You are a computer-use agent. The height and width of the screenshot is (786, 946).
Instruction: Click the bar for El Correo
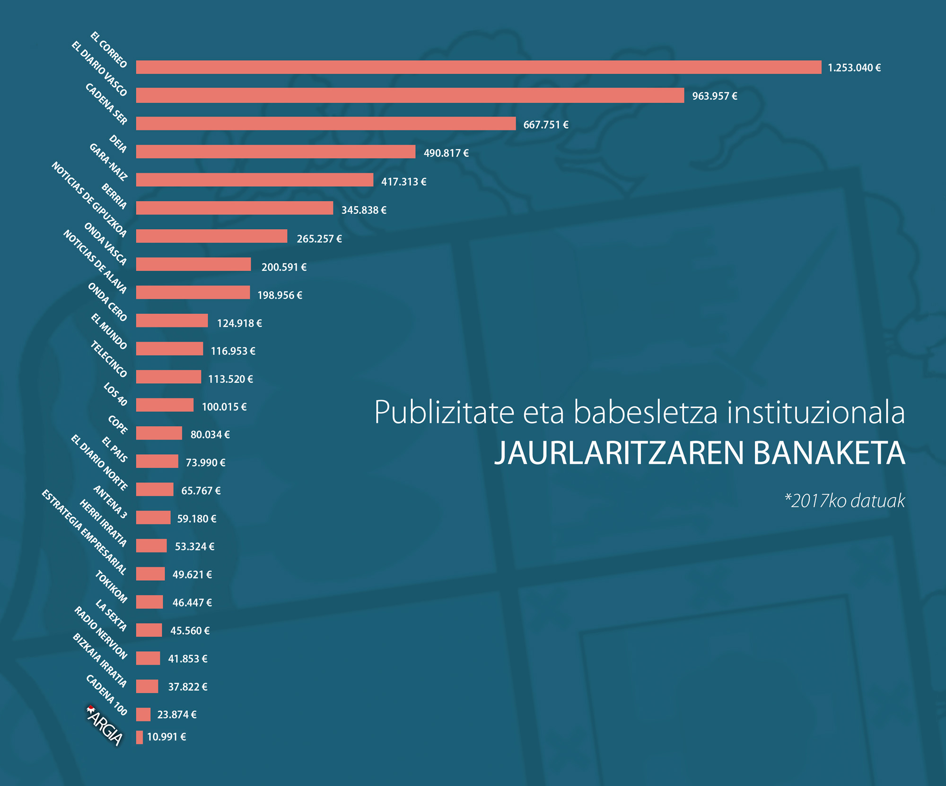coord(478,67)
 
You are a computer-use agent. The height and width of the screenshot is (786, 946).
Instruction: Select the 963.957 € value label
coord(714,96)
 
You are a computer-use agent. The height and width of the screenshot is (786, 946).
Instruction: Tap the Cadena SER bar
coord(325,123)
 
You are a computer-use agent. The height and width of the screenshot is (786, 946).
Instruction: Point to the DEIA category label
coord(118,144)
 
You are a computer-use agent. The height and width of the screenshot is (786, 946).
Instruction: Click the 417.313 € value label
coord(403,182)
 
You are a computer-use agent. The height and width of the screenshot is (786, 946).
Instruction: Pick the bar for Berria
coord(234,208)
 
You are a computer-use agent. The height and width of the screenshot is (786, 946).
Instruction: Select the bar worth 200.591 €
coord(193,264)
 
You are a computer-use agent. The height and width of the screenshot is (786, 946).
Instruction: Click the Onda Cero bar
coord(172,321)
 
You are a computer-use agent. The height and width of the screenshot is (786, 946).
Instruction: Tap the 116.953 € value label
coord(233,351)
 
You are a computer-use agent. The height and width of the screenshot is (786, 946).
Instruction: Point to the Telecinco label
coord(109,359)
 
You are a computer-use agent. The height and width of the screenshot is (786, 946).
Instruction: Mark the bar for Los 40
coord(165,405)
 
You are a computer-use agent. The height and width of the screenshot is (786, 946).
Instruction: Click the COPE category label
coord(118,425)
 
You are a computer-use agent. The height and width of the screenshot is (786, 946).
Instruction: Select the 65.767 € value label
coord(201,490)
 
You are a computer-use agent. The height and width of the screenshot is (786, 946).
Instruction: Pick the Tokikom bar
coord(149,602)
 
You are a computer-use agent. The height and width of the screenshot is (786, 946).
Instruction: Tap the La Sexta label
coord(111,615)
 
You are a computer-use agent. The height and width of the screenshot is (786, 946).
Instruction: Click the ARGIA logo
coord(105,726)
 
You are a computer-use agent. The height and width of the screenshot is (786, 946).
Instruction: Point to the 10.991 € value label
coord(166,737)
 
